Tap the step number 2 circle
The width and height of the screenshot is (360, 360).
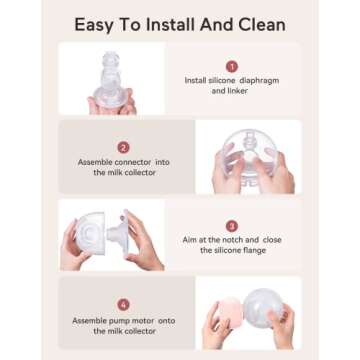[124, 146]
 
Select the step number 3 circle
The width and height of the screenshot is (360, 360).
[232, 226]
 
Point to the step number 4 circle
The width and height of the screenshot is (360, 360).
[124, 304]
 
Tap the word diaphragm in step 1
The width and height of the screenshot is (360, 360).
[260, 80]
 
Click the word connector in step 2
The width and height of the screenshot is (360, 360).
[140, 161]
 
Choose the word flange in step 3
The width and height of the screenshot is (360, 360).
[251, 251]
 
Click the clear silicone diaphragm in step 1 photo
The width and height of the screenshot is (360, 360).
[110, 75]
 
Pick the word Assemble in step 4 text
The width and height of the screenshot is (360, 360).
[91, 320]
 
